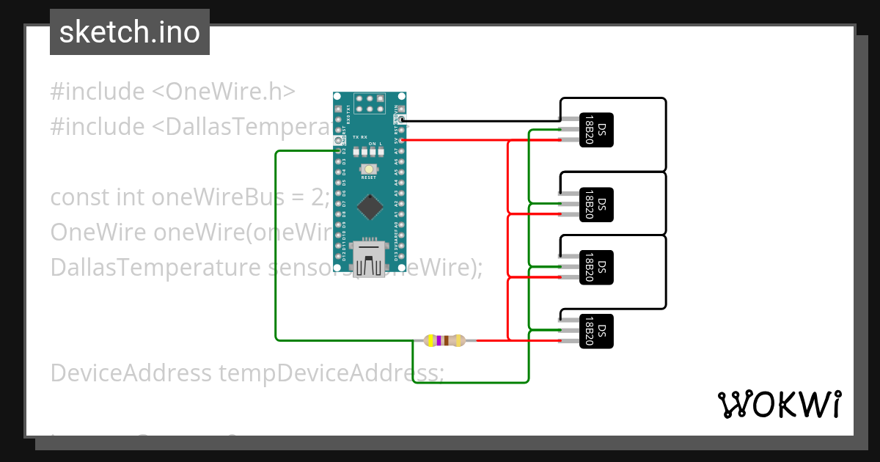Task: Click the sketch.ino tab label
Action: click(130, 32)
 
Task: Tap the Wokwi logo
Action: click(779, 404)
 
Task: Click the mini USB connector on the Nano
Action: click(370, 260)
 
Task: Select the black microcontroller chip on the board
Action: click(370, 206)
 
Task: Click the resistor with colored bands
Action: click(444, 340)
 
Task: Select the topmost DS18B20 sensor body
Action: click(596, 130)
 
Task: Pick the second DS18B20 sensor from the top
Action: click(596, 204)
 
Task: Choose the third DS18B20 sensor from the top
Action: click(596, 268)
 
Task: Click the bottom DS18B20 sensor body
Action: click(596, 331)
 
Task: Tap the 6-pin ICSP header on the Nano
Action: click(370, 103)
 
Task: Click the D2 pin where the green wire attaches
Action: click(338, 150)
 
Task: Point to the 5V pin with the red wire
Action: click(402, 139)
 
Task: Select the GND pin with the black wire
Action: click(402, 119)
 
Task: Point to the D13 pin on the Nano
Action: click(402, 256)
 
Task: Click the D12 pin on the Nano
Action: click(338, 256)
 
